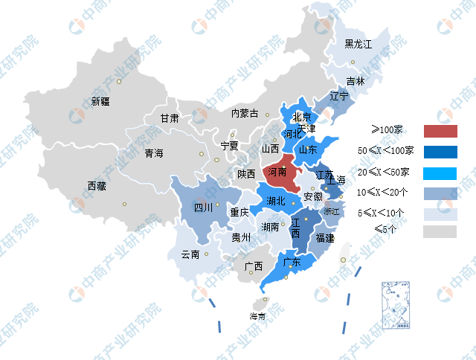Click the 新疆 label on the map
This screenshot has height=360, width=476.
pyautogui.click(x=100, y=101)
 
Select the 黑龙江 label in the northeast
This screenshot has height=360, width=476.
pyautogui.click(x=358, y=45)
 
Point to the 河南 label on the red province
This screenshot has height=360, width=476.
pyautogui.click(x=277, y=172)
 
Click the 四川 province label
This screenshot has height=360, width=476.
pyautogui.click(x=203, y=208)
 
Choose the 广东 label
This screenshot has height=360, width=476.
pyautogui.click(x=292, y=262)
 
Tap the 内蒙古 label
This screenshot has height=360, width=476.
pyautogui.click(x=245, y=114)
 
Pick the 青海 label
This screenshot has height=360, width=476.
pyautogui.click(x=154, y=154)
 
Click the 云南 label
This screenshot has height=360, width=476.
pyautogui.click(x=190, y=254)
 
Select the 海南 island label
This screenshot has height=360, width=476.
pyautogui.click(x=257, y=316)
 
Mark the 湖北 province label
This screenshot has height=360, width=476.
pyautogui.click(x=276, y=201)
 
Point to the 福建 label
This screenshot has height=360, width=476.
pyautogui.click(x=324, y=238)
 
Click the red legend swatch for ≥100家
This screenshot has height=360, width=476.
pyautogui.click(x=440, y=131)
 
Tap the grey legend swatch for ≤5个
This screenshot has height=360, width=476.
pyautogui.click(x=440, y=231)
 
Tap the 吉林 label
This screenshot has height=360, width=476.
pyautogui.click(x=356, y=81)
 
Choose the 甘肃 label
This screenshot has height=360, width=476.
pyautogui.click(x=170, y=118)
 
